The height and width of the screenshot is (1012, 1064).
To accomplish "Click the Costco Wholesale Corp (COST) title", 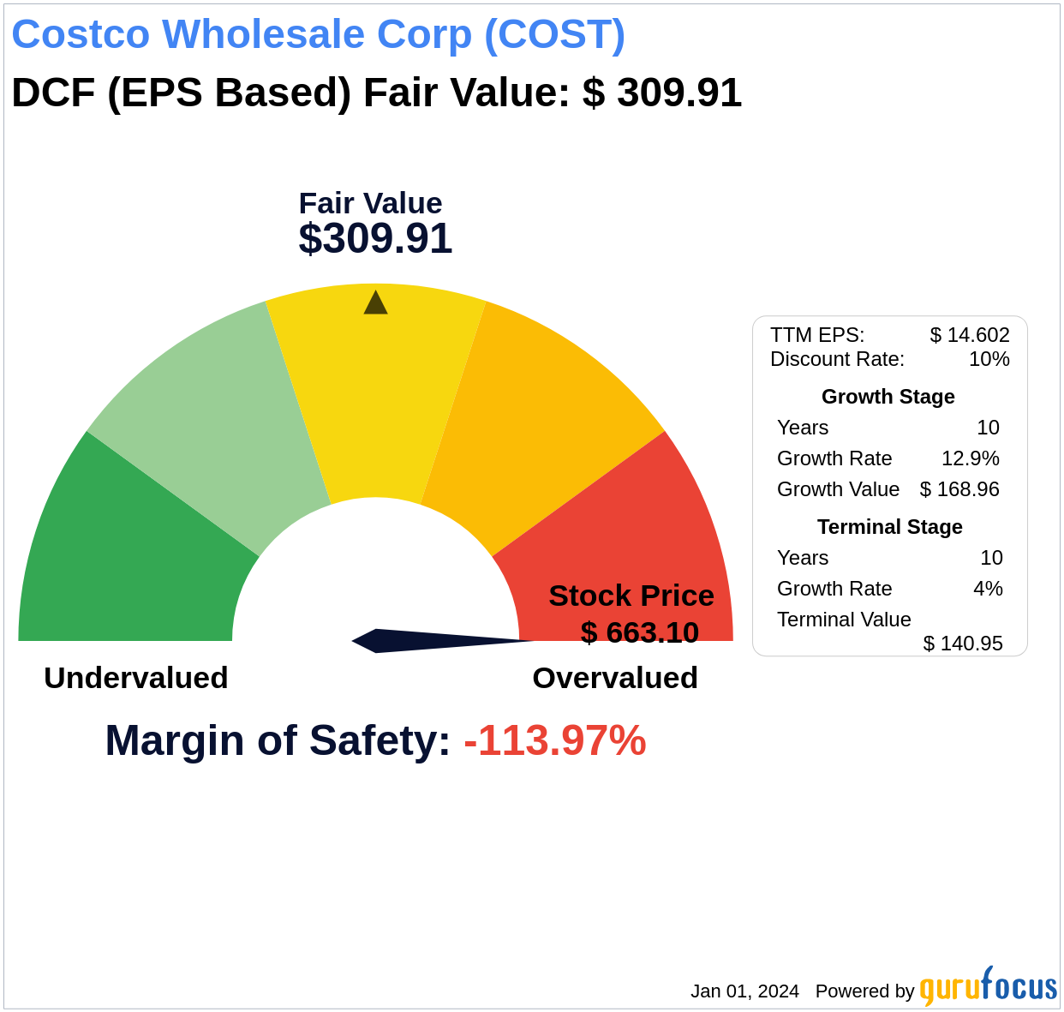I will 318,34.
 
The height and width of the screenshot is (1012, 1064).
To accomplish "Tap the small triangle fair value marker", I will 375,303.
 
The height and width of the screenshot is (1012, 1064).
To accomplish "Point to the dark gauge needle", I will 428,640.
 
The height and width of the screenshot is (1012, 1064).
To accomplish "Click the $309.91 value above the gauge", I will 375,239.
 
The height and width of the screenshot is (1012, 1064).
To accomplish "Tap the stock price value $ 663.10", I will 639,632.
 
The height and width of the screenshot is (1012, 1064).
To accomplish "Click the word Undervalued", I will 136,678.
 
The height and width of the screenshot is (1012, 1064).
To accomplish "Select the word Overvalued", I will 615,678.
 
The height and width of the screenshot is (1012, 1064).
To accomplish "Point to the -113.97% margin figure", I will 554,740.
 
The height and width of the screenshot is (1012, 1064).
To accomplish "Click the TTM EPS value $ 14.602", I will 970,335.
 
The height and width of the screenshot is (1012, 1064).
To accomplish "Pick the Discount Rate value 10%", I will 989,359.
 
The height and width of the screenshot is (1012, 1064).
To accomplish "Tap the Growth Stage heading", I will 888,397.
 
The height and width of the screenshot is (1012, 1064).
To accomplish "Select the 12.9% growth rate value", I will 970,458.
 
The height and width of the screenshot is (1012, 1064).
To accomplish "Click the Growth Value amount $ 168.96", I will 959,489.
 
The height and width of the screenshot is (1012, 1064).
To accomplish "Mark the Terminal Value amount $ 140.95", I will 962,644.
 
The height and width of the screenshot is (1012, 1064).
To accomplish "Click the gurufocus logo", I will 987,987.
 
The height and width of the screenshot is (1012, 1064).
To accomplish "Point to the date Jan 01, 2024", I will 744,991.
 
